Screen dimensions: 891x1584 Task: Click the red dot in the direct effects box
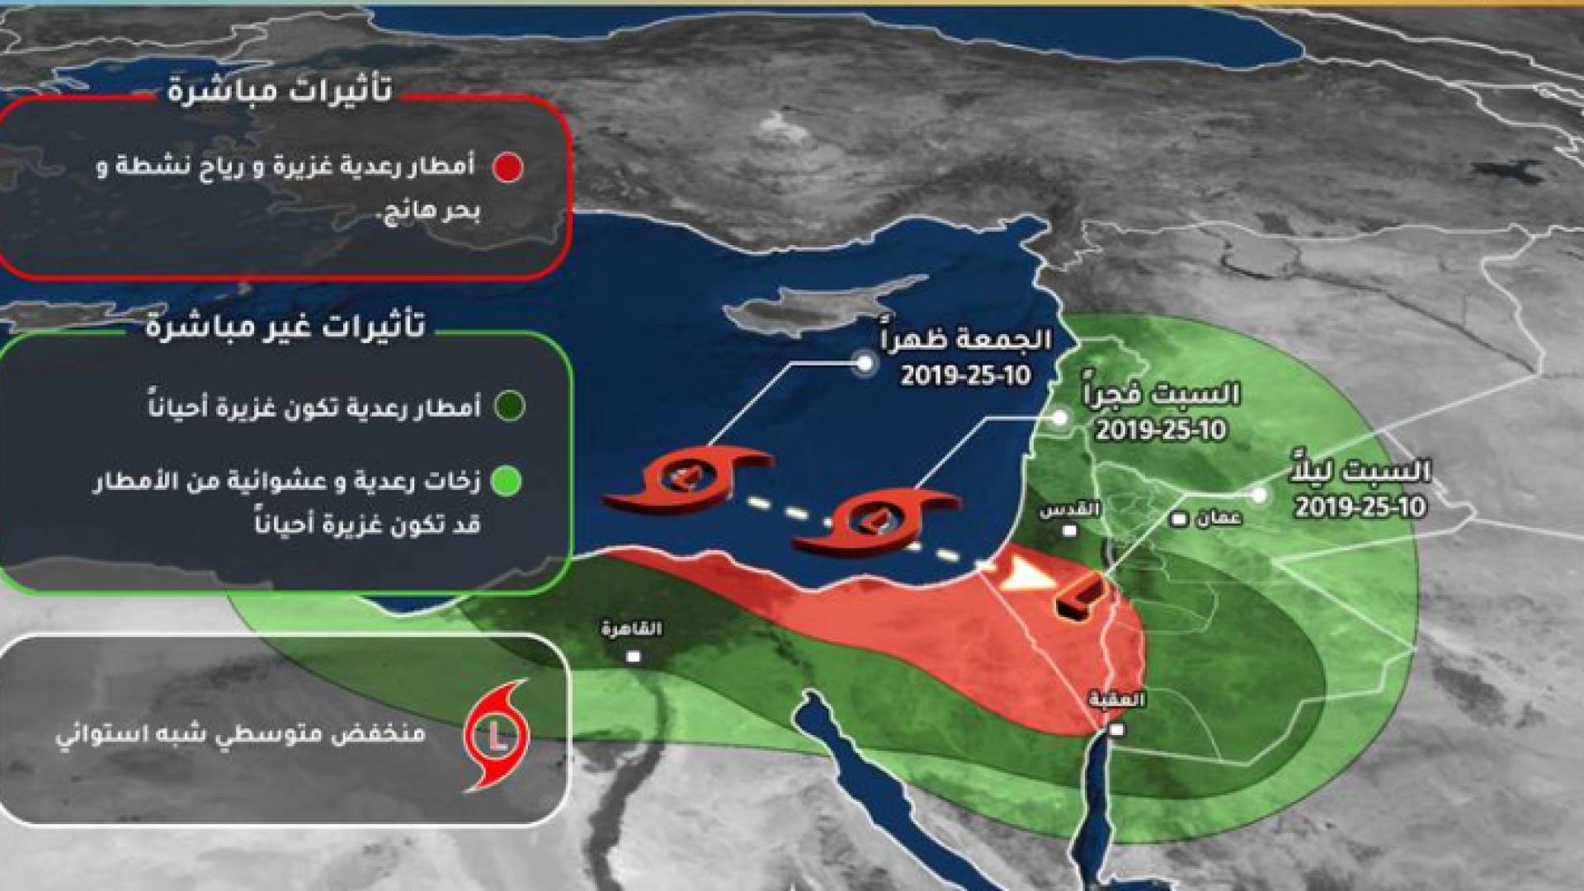tap(508, 167)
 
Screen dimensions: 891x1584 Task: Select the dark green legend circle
tap(509, 406)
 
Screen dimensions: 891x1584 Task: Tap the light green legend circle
tap(507, 481)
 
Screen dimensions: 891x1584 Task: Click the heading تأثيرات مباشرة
tap(280, 89)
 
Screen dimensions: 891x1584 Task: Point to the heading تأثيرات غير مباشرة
tap(285, 327)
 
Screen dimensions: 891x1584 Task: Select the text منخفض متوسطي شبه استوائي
tap(240, 733)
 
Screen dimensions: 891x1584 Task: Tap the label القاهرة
tap(632, 629)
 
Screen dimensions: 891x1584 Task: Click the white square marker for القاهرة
tap(634, 657)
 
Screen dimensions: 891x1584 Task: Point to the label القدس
tap(1070, 510)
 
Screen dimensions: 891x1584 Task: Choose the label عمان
tap(1218, 519)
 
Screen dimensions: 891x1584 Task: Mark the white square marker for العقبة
tap(1116, 730)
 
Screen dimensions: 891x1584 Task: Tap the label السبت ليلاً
tap(1360, 472)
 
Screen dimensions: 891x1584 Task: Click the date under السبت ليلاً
tap(1360, 506)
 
